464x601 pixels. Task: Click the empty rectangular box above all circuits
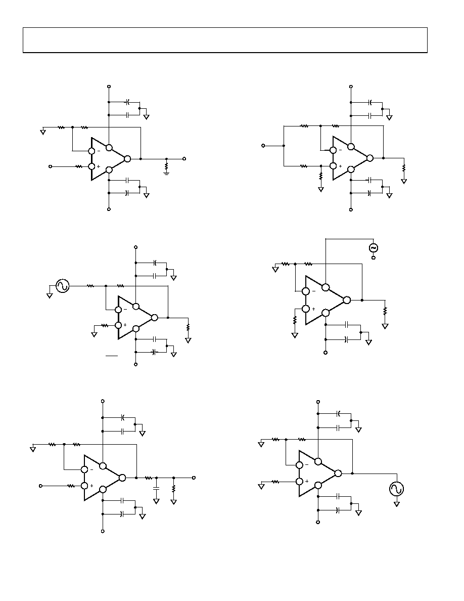coord(225,40)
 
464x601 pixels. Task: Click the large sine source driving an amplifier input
coord(62,286)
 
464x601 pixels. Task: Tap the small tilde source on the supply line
coord(373,248)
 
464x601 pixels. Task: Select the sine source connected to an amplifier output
coord(397,489)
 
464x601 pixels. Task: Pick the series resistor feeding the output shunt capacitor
coord(149,478)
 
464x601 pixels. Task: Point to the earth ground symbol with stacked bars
coord(166,173)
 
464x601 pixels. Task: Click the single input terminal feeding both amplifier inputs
coord(263,146)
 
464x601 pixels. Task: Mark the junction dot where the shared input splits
coord(284,146)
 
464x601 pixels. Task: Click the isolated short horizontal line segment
coord(112,356)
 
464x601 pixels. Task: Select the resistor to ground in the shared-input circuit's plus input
coord(321,176)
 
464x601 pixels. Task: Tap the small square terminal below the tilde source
coord(374,258)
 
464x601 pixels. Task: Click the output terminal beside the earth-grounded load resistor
coord(184,159)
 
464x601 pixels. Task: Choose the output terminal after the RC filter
coord(194,478)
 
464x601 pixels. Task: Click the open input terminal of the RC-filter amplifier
coord(40,486)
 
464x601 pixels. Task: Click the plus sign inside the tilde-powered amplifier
coord(313,309)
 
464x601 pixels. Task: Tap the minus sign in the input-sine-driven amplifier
coord(125,309)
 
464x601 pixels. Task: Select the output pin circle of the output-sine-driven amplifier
coord(338,474)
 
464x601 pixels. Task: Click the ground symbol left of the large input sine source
coord(49,295)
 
